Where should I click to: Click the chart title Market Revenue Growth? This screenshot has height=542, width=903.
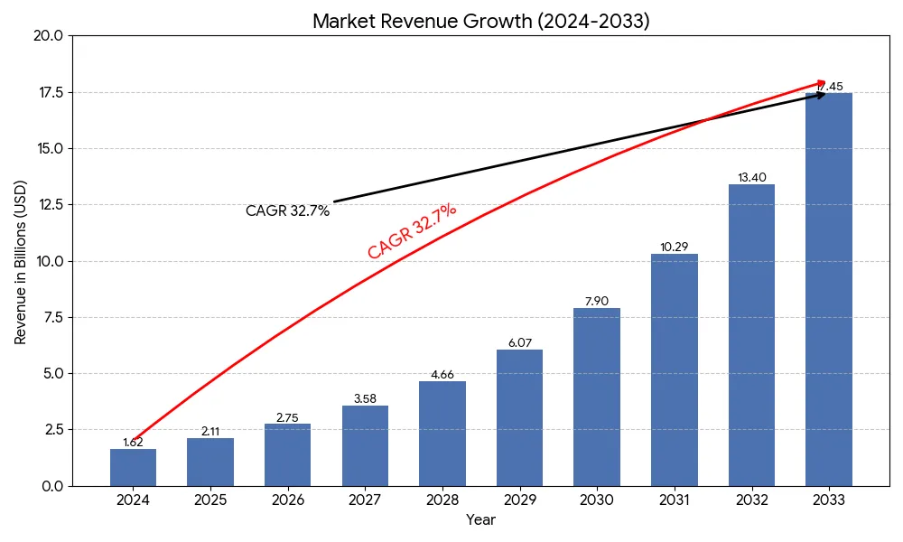pos(480,22)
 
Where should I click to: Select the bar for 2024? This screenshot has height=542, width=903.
pos(133,468)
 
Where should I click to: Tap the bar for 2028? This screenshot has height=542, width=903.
pos(442,434)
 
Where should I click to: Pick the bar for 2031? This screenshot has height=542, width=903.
pos(675,370)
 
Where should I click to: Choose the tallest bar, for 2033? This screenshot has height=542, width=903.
pos(829,289)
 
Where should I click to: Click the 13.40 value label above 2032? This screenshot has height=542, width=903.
pos(751,177)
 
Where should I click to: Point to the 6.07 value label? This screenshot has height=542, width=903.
pos(519,343)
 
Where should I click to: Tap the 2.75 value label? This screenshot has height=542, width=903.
pos(287,417)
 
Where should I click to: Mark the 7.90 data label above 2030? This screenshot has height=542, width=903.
pos(597,302)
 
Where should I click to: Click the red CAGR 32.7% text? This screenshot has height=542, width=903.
pos(412,231)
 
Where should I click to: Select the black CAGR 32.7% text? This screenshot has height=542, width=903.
pos(287,211)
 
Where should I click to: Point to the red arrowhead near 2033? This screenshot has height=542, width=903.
pos(821,82)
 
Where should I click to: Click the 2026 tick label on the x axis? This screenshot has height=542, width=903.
pos(287,500)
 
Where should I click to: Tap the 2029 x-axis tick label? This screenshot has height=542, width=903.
pos(519,500)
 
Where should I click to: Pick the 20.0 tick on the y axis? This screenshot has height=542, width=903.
pos(48,36)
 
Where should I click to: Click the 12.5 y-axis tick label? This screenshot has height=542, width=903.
pos(48,205)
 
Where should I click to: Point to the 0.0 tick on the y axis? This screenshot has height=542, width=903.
pos(51,486)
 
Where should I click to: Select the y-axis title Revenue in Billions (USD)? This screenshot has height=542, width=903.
pos(21,262)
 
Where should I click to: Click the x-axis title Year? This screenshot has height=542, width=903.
pos(480,520)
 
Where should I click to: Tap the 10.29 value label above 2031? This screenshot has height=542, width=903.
pos(675,248)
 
